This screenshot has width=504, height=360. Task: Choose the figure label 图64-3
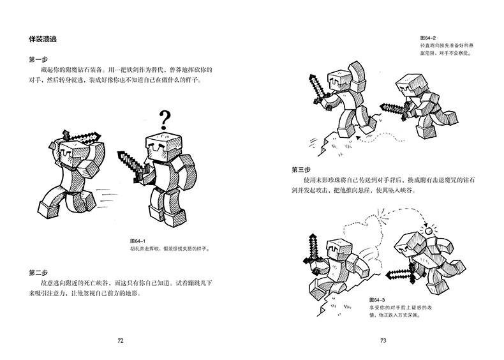pyautogui.click(x=379, y=298)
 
